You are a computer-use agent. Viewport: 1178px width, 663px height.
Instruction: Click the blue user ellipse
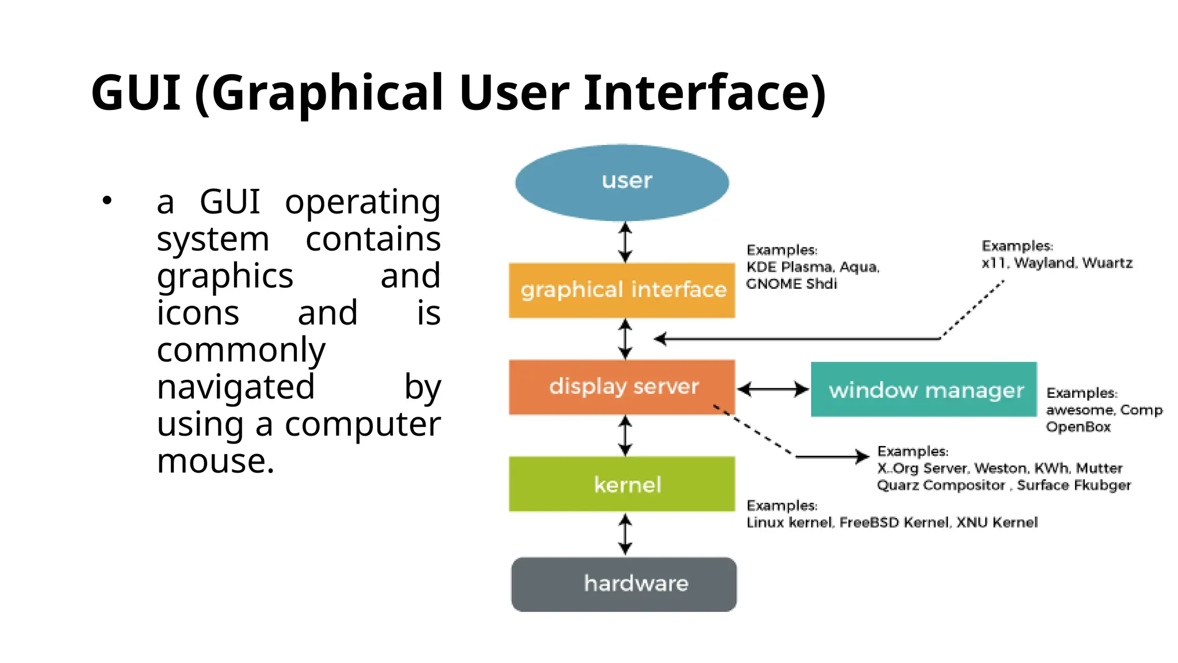pyautogui.click(x=622, y=182)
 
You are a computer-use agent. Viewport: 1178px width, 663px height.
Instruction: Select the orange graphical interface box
pyautogui.click(x=622, y=290)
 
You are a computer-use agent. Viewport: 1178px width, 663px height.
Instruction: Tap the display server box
pyautogui.click(x=622, y=387)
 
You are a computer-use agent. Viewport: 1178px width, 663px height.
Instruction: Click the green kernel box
pyautogui.click(x=622, y=484)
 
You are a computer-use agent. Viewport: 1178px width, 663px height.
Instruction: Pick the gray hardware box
pyautogui.click(x=624, y=584)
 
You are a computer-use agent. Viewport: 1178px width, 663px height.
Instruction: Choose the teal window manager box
pyautogui.click(x=923, y=390)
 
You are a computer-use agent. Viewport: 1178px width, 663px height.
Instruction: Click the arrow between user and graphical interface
pyautogui.click(x=625, y=242)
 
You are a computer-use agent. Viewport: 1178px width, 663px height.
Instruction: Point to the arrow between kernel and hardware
pyautogui.click(x=625, y=534)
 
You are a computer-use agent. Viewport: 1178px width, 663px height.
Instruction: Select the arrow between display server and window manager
pyautogui.click(x=772, y=390)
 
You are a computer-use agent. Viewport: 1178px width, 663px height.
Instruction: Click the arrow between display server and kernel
pyautogui.click(x=625, y=436)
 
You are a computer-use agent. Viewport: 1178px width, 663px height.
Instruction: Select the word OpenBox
pyautogui.click(x=1078, y=427)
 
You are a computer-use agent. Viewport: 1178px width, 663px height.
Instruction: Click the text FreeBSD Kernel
pyautogui.click(x=894, y=523)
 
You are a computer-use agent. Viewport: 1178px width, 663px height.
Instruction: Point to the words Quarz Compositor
pyautogui.click(x=940, y=486)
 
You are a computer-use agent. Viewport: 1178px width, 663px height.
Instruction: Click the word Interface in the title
pyautogui.click(x=704, y=93)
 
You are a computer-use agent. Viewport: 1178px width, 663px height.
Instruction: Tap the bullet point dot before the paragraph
pyautogui.click(x=107, y=201)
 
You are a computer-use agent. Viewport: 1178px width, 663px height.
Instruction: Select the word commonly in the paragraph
pyautogui.click(x=240, y=350)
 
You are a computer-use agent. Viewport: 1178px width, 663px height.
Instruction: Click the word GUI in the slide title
pyautogui.click(x=136, y=93)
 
